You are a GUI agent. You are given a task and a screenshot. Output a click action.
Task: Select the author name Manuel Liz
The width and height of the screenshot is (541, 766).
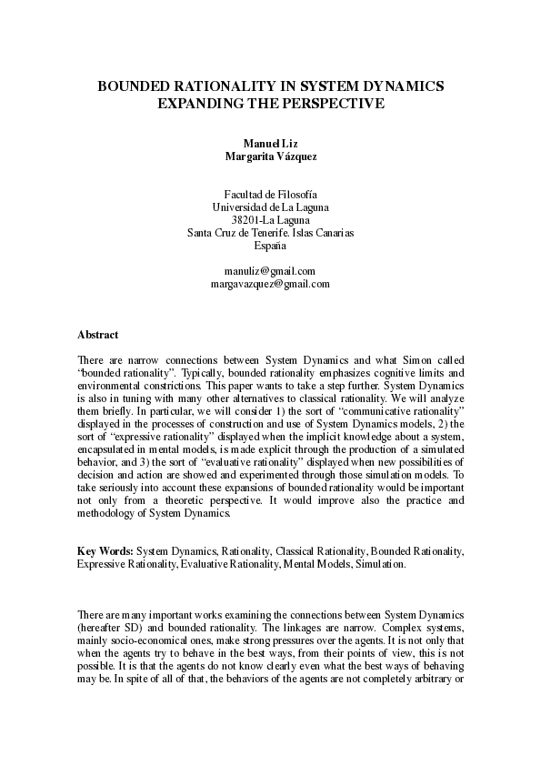click(x=270, y=143)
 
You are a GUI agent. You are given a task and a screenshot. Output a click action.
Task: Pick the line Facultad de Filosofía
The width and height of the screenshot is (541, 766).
click(x=270, y=195)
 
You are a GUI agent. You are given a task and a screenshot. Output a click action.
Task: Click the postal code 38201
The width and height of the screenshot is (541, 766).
click(x=246, y=220)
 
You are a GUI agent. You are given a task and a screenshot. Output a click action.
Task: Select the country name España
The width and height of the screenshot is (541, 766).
click(x=270, y=246)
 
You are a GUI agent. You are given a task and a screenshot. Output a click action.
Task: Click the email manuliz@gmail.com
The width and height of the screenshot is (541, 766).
click(x=270, y=271)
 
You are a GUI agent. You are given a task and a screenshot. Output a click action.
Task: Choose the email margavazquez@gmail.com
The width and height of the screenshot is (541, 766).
click(x=270, y=284)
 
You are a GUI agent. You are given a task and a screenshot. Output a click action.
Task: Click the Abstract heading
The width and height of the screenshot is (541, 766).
click(x=97, y=335)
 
